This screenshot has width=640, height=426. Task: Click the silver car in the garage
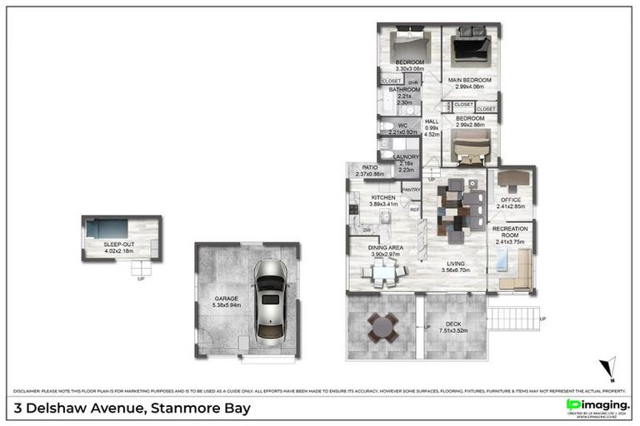269,299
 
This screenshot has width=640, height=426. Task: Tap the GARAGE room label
226,299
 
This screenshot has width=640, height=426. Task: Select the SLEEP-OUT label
118,244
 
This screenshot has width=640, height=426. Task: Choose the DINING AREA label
386,247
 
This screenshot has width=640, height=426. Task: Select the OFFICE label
510,200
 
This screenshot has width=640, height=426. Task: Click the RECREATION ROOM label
510,232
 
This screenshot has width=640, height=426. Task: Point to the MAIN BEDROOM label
470,81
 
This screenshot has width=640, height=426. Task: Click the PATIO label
369,167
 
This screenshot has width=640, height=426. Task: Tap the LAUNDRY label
406,156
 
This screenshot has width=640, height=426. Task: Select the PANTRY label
411,190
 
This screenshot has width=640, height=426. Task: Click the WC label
400,126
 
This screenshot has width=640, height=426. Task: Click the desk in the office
512,178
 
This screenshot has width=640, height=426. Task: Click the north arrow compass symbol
610,367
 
